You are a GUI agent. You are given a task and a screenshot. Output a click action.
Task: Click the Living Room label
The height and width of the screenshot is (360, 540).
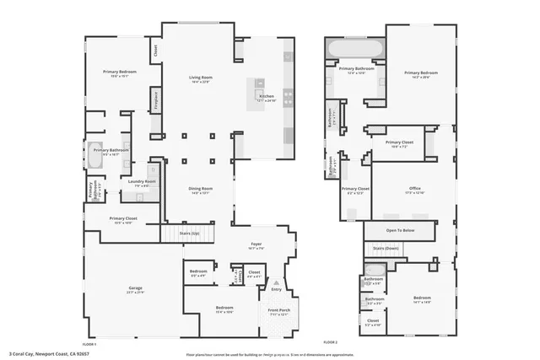point(200,78)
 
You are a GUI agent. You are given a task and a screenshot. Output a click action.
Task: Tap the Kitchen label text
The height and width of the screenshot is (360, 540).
point(267,97)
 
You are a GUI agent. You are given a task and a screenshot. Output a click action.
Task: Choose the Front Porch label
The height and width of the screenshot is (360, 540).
point(278,311)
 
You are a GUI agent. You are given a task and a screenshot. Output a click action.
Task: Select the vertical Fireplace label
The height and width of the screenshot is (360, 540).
point(155,100)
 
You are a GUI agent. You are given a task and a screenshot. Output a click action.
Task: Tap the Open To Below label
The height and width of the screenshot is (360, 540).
point(400,229)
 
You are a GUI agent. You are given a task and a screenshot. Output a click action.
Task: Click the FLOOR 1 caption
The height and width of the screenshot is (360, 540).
point(89,344)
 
